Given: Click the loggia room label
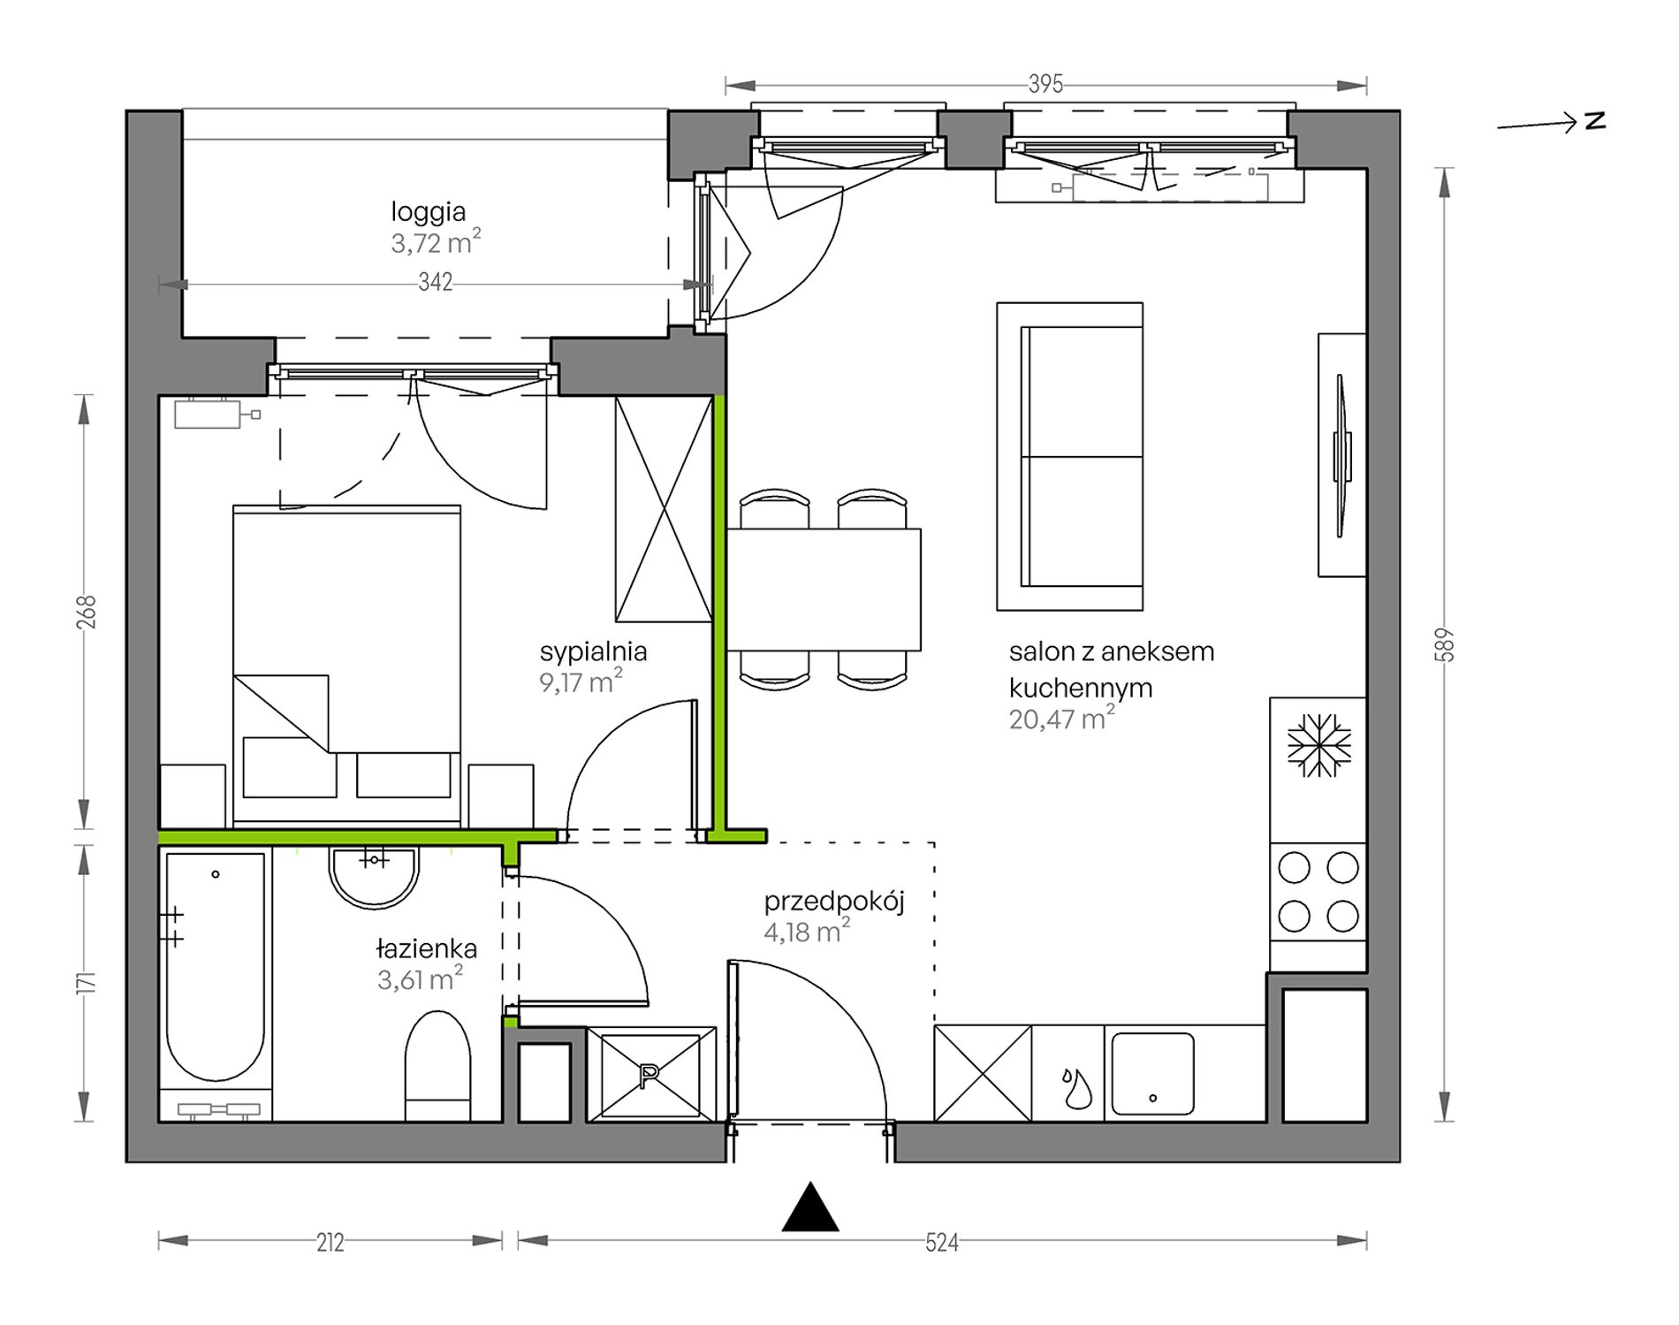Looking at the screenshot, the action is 429,212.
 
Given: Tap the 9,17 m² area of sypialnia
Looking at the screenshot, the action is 581,682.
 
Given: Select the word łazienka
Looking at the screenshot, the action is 427,948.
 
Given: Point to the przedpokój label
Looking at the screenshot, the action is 834,902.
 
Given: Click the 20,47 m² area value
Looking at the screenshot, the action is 1061,718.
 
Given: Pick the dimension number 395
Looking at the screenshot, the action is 1045,85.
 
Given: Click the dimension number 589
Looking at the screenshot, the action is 1446,644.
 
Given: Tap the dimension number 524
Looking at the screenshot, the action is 942,1242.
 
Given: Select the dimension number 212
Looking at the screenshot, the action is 330,1242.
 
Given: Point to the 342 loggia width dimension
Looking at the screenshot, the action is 436,282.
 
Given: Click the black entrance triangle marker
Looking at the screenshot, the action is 810,1208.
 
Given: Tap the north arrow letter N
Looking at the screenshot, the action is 1595,121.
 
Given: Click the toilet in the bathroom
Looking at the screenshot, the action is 437,1066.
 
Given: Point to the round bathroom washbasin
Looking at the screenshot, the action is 374,877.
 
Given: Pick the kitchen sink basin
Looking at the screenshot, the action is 1152,1074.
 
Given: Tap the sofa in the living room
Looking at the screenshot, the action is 1070,456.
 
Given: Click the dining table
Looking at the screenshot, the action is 824,590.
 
